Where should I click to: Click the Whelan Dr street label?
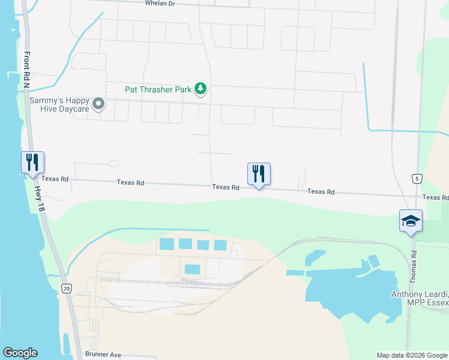(x=159, y=3)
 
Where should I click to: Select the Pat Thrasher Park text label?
(x=158, y=89)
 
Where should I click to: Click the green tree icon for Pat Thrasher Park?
(x=200, y=90)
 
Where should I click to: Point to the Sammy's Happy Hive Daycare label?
(x=59, y=104)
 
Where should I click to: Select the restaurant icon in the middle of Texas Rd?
(x=259, y=174)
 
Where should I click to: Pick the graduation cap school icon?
(x=411, y=221)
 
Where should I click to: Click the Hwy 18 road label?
(x=40, y=199)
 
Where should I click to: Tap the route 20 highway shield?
(x=65, y=289)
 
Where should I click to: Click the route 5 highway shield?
(x=416, y=178)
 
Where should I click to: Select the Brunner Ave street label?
(x=103, y=355)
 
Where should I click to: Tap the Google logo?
(x=20, y=353)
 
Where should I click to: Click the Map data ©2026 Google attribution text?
(x=411, y=355)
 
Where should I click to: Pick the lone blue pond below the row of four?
(x=192, y=269)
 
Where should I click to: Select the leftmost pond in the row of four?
(x=166, y=244)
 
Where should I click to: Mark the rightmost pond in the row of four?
(x=220, y=245)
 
